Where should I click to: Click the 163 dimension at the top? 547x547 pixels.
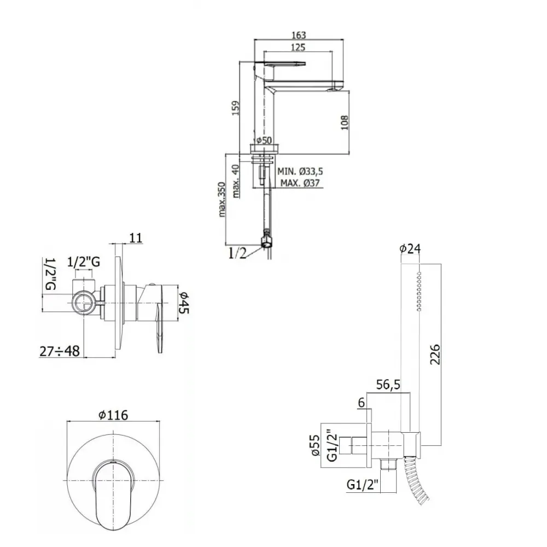click(x=299, y=35)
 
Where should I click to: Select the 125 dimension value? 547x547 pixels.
click(x=298, y=47)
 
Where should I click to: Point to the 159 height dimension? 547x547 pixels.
click(x=236, y=108)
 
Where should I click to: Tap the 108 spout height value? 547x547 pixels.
click(x=344, y=123)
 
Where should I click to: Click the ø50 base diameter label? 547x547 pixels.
click(x=264, y=140)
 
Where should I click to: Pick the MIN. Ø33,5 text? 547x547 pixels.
click(x=300, y=171)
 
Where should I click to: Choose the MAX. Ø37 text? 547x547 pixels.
click(x=300, y=183)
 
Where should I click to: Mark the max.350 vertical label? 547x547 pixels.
click(x=222, y=199)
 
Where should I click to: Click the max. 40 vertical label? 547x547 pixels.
click(x=236, y=181)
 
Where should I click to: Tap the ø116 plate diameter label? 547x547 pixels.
click(x=113, y=415)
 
